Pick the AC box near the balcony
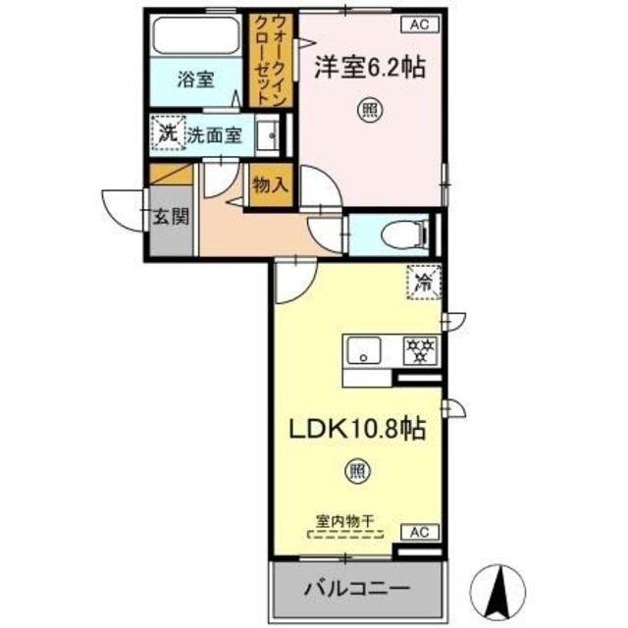point(419,532)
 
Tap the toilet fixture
point(402,234)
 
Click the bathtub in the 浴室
point(195,38)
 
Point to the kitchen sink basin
point(365,350)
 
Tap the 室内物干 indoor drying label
point(349,521)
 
